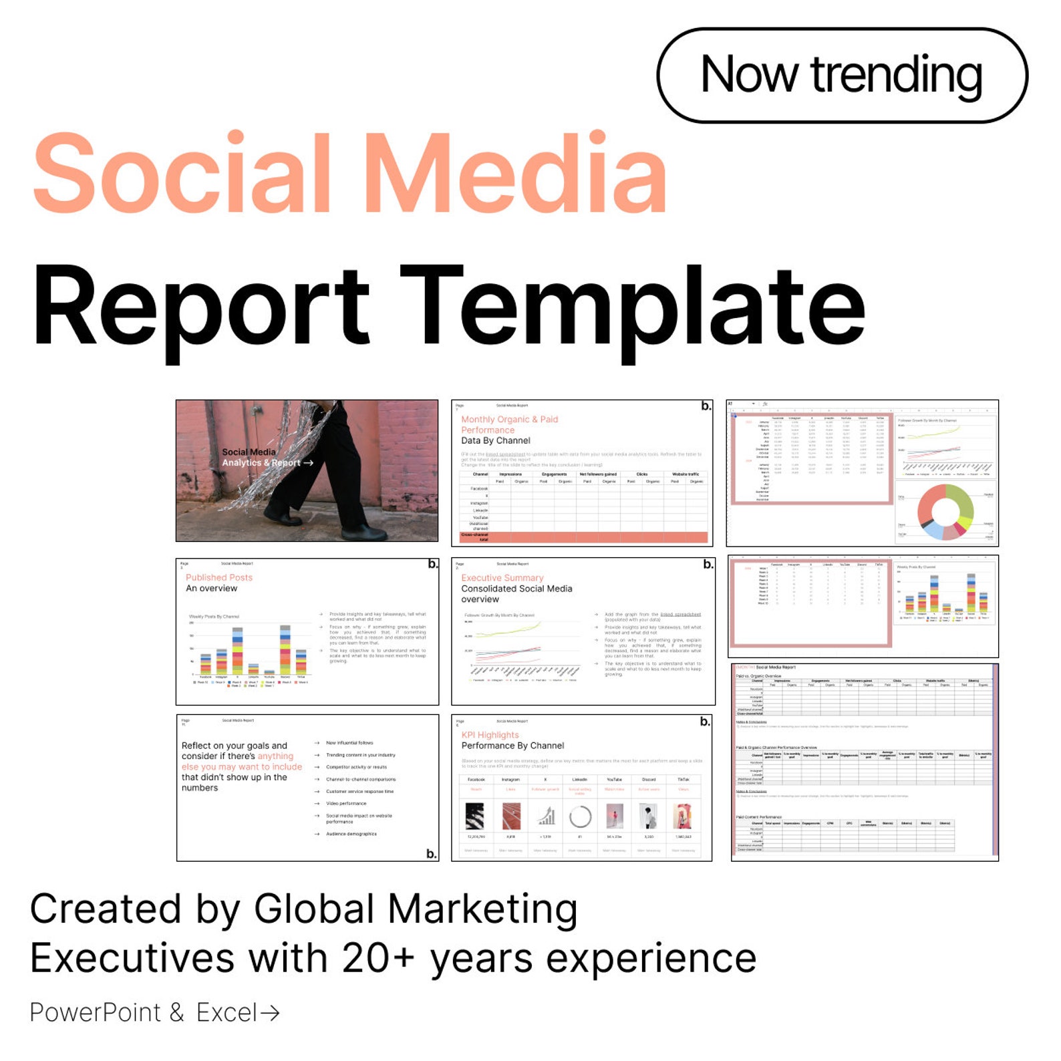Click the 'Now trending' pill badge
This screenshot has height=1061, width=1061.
[x=841, y=75]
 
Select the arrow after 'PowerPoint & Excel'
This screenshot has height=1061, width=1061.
[x=269, y=1013]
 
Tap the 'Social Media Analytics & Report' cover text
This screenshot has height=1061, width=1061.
[x=262, y=458]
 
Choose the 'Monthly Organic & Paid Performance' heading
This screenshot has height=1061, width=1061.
[x=509, y=424]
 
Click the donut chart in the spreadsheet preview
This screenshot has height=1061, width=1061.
[x=945, y=511]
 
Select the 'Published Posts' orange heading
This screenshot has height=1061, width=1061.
[x=219, y=577]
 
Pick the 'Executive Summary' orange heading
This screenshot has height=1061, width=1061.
[x=502, y=577]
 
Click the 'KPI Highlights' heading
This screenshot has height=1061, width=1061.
[x=490, y=734]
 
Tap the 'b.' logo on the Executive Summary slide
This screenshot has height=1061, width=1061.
[x=708, y=565]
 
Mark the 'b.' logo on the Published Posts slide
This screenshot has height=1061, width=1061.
[x=433, y=565]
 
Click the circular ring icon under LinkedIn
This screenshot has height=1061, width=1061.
[x=580, y=816]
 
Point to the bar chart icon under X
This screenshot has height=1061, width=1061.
[x=546, y=816]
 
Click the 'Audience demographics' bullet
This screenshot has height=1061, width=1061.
[x=351, y=834]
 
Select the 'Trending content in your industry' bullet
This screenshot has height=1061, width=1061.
[x=360, y=755]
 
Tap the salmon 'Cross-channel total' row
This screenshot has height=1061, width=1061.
[x=583, y=537]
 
